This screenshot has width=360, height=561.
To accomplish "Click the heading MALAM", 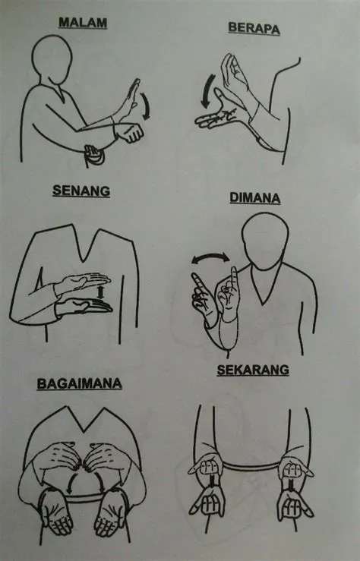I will [x=83, y=24].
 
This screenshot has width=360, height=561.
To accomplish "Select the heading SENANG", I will [x=81, y=191].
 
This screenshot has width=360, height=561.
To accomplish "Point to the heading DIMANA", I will [x=254, y=198].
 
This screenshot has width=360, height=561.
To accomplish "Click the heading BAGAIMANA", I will [x=78, y=384].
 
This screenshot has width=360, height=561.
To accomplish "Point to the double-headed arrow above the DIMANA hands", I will [x=209, y=260].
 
